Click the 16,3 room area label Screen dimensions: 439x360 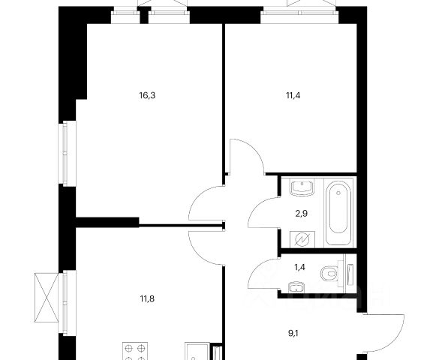[x=147, y=96]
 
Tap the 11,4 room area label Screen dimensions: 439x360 [x=293, y=96]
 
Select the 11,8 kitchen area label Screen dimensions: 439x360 [x=147, y=299]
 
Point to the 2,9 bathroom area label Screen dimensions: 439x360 [x=301, y=214]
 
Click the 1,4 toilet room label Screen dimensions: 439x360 [x=299, y=268]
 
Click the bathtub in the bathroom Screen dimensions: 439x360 [x=338, y=213]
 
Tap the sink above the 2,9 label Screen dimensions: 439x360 [x=302, y=187]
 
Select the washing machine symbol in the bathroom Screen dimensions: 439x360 [x=302, y=239]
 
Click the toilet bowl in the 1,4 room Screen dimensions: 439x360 [x=329, y=273]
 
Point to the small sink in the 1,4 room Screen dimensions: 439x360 [x=296, y=287]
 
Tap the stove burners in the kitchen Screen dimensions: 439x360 [x=135, y=351]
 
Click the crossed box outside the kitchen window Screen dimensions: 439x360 [x=47, y=297]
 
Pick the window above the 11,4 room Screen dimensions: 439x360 [x=299, y=13]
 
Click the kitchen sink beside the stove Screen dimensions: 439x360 [x=197, y=352]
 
